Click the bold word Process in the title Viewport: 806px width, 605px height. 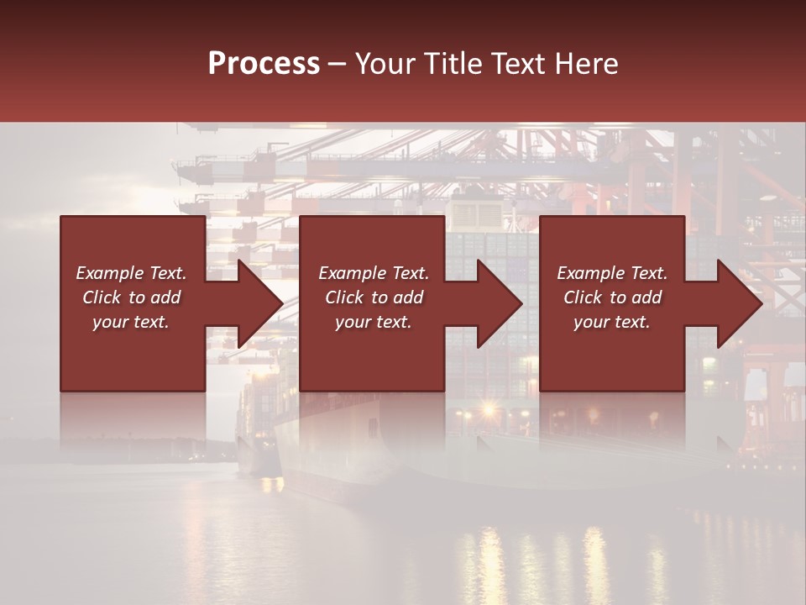[264, 64]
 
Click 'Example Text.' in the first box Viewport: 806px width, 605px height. [131, 273]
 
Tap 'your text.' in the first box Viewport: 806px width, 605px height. [131, 322]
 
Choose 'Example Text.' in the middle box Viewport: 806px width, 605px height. [374, 273]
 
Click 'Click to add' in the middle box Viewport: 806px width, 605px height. [374, 297]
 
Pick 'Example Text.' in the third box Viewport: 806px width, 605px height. [612, 273]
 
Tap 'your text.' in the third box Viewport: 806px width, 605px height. [612, 322]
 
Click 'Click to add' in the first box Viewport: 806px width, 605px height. [131, 297]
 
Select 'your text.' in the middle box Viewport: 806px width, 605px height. [374, 322]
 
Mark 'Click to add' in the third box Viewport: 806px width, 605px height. [612, 297]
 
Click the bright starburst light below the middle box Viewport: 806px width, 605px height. [488, 410]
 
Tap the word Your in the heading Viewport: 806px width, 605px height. [384, 64]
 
